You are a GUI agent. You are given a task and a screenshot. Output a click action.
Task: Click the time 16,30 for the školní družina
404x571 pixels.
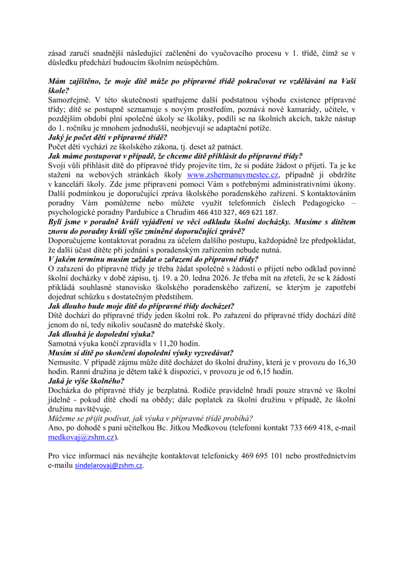(343, 362)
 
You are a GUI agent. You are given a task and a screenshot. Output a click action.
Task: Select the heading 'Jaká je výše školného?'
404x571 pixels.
(86, 381)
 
